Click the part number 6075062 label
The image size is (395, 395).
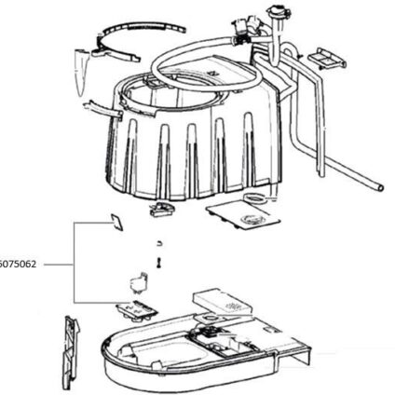point(18,265)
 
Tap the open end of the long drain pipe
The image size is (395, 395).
point(380,187)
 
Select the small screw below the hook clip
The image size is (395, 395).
point(158,263)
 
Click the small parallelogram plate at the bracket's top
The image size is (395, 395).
point(117,223)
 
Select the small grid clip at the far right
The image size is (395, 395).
point(327,59)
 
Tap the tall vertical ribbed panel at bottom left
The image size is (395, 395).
point(71,352)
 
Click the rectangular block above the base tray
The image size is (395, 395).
point(223,301)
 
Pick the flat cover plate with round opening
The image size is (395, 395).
point(243,216)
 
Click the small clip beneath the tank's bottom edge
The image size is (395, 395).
point(160,209)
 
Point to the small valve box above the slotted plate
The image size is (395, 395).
point(139,282)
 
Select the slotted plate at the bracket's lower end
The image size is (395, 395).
point(137,310)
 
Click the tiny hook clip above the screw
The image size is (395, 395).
point(159,243)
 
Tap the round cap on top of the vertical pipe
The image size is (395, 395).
point(279,11)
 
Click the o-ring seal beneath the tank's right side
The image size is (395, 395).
point(254,197)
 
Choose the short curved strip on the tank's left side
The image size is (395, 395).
point(102,108)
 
